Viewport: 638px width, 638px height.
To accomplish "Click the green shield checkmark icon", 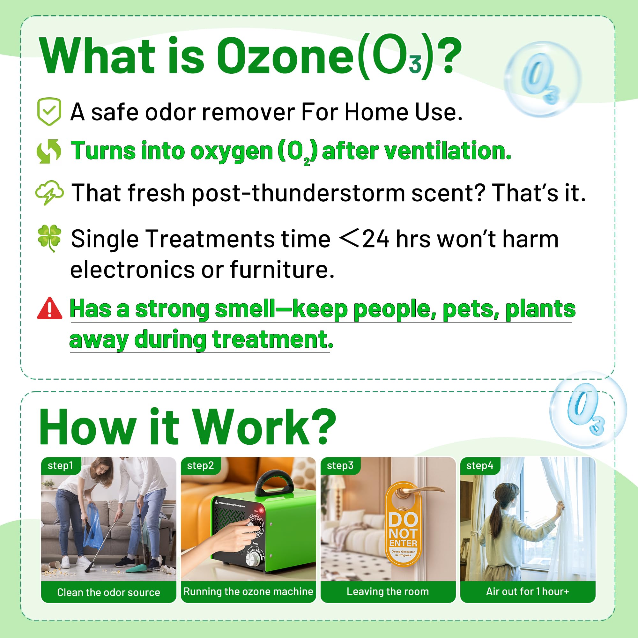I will coord(49,112).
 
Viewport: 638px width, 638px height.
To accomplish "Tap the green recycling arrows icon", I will coord(49,151).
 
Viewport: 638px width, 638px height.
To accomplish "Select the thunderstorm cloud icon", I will coord(49,193).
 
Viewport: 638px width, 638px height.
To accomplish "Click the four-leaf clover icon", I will coord(49,238).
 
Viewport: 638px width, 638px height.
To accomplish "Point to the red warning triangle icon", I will coord(49,308).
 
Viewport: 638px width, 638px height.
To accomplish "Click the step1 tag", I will coord(60,466).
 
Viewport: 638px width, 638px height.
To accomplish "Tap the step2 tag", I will coord(200,466).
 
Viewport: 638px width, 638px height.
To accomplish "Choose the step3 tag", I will coord(340,466).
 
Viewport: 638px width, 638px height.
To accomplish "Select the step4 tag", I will coord(479,466).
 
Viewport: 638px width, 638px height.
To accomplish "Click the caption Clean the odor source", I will coord(108,592).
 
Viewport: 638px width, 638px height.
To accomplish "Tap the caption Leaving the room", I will coord(388,591).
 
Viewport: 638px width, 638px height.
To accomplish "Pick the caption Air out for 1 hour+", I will coord(527,591).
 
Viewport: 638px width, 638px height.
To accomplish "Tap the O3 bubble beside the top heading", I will coord(542,79).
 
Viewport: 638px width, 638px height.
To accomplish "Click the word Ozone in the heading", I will coord(285,56).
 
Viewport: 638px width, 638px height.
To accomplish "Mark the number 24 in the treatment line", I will coord(376,239).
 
